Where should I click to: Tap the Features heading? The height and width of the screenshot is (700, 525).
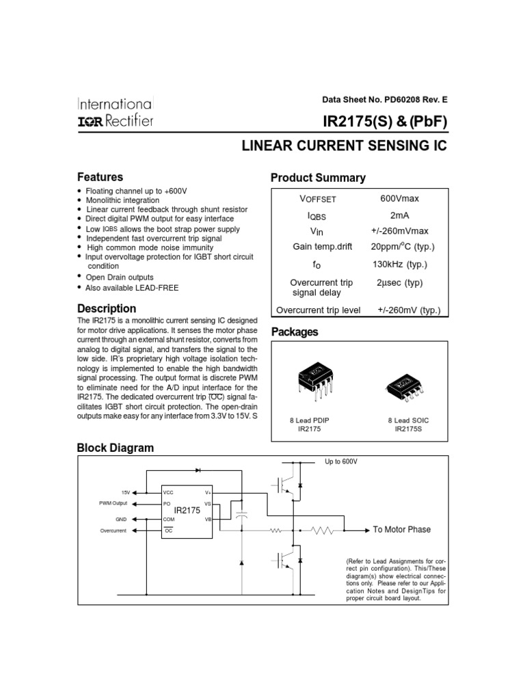click(100, 177)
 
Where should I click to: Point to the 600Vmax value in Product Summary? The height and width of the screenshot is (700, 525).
click(399, 198)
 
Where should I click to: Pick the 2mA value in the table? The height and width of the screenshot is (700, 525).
click(399, 215)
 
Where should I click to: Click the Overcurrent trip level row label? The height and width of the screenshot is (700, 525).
click(318, 310)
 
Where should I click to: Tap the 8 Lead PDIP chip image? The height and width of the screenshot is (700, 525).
click(314, 377)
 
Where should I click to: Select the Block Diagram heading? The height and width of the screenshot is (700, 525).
click(116, 448)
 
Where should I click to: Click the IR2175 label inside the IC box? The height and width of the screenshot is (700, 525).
click(187, 510)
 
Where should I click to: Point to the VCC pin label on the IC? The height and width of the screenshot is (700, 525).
click(168, 492)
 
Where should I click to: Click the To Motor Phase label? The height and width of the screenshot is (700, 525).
click(402, 529)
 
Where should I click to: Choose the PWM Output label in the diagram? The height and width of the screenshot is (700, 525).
click(113, 502)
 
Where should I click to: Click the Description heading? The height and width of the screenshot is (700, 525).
click(107, 308)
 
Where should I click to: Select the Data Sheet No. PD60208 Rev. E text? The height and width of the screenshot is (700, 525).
click(385, 99)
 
